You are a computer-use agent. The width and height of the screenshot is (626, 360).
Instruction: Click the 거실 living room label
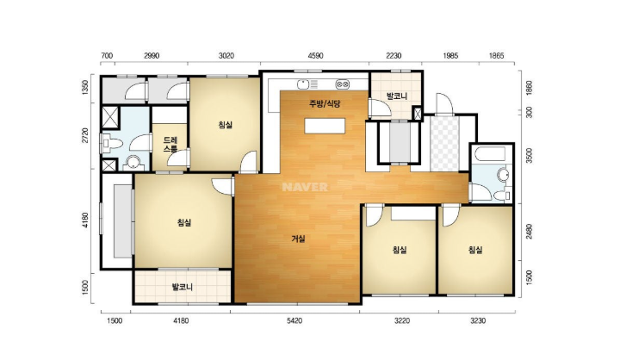[298, 239]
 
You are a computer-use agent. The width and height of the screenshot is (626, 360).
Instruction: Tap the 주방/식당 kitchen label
[324, 104]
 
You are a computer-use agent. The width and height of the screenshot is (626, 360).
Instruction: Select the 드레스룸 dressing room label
[170, 146]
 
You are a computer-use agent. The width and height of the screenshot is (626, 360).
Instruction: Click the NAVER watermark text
[305, 187]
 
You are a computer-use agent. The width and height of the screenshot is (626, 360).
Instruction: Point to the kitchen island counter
[325, 126]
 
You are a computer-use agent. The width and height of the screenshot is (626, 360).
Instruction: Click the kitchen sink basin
[303, 84]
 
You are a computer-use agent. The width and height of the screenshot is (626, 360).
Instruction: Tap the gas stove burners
[343, 84]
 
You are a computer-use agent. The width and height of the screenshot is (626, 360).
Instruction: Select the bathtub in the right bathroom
[490, 154]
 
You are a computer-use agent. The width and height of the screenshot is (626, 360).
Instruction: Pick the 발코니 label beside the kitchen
[396, 96]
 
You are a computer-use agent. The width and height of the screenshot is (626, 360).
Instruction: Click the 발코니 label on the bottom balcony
[182, 287]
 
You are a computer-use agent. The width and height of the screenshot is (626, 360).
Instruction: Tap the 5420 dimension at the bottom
[294, 321]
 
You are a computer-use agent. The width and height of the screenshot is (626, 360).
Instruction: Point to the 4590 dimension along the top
[315, 55]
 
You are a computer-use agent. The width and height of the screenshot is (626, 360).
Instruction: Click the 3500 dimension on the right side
[529, 156]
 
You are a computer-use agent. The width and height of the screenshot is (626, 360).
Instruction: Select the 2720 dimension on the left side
[84, 136]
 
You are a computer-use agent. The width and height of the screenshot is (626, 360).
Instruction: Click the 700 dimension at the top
[107, 55]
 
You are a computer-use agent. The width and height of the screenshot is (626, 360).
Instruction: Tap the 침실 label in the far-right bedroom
[475, 251]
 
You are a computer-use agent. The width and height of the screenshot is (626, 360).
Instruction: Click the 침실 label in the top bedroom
[225, 125]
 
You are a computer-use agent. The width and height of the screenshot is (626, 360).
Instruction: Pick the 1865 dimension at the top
[496, 55]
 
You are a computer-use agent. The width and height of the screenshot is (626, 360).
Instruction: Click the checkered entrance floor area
[445, 143]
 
